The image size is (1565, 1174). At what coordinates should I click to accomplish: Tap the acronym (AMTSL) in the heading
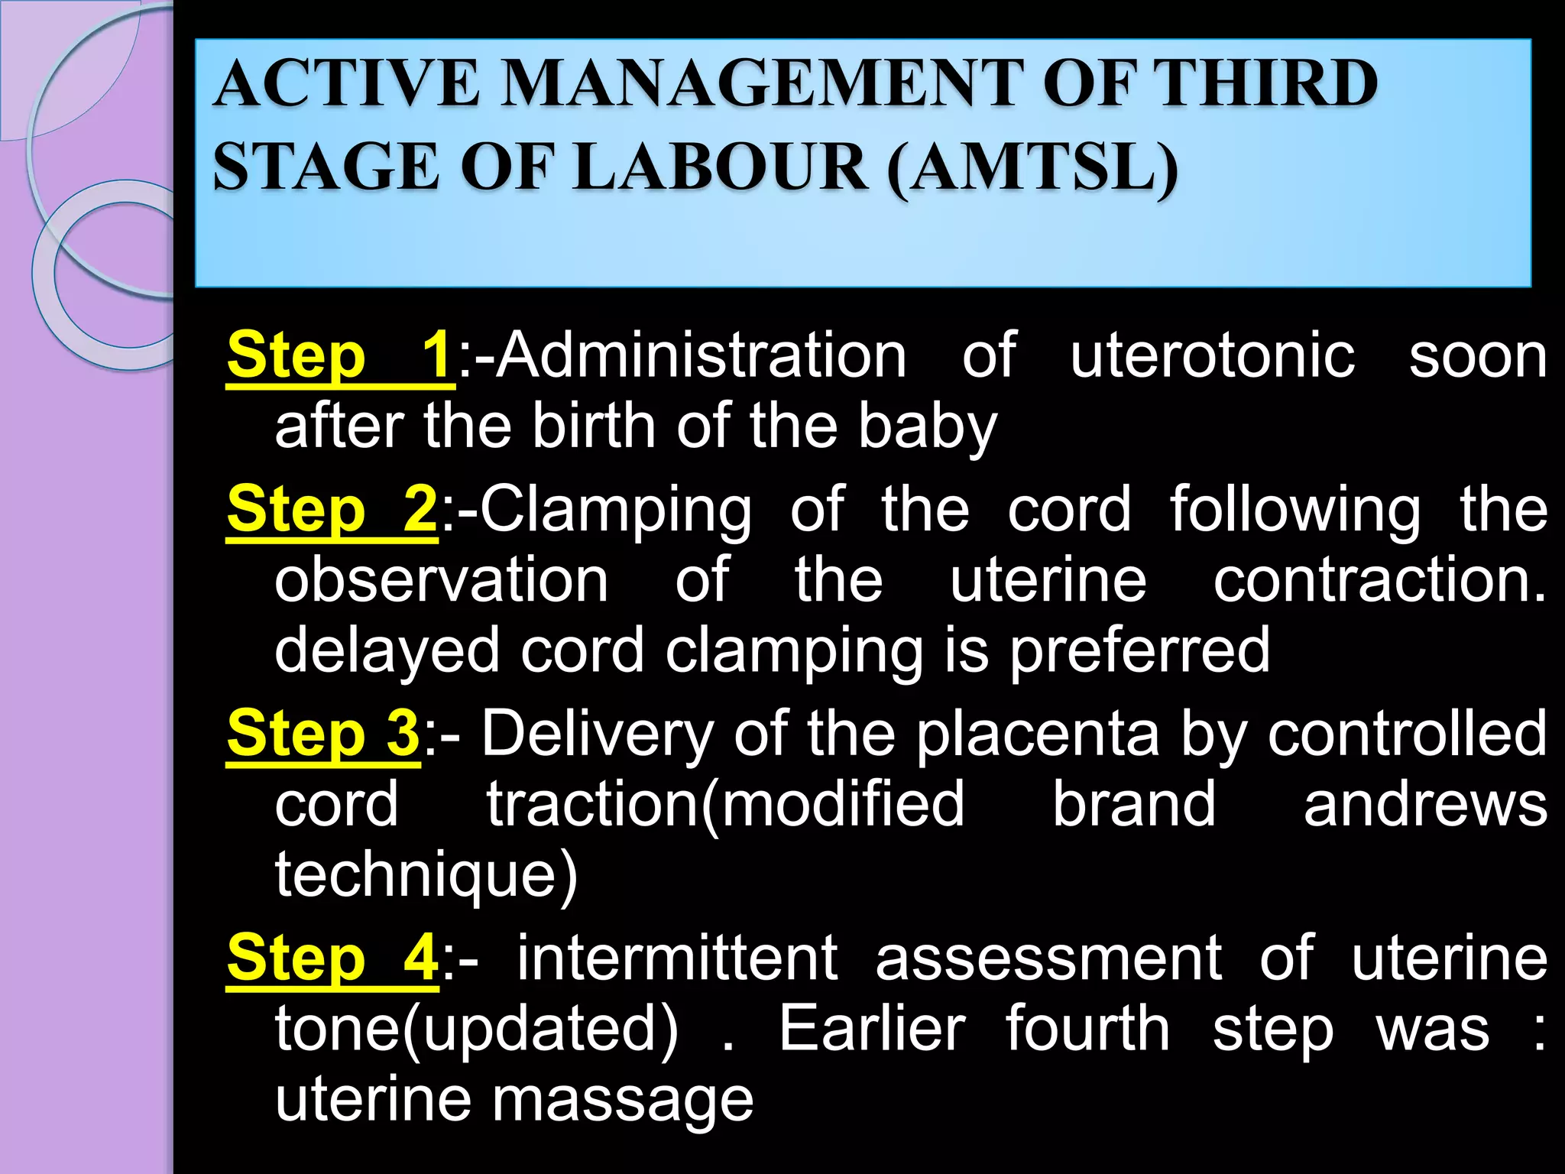coord(1032,167)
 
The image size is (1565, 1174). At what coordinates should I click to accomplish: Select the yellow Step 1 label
coord(340,355)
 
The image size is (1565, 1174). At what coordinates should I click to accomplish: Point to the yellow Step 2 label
coord(332,509)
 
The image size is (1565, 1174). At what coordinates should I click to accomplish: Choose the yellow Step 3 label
coord(323,733)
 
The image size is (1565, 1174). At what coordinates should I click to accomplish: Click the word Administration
coord(701,355)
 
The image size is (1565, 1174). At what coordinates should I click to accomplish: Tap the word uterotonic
coord(1212,355)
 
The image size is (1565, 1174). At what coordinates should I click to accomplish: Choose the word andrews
coord(1425,804)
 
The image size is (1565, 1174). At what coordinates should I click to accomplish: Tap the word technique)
coord(426,875)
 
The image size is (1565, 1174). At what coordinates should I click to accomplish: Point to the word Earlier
coord(872,1029)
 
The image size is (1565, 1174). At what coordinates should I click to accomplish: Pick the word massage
coord(622,1101)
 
